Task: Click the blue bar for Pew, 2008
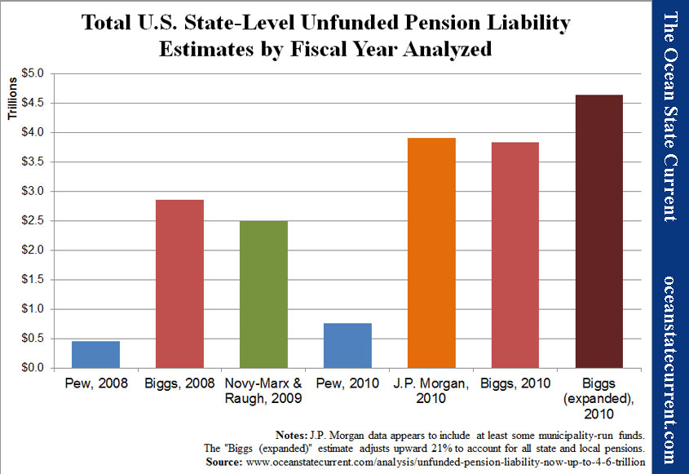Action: pos(95,354)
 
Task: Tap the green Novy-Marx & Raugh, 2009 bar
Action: pos(264,294)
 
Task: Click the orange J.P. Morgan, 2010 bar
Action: pos(431,253)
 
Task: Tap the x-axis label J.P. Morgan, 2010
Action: pos(431,390)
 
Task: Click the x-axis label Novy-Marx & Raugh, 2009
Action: pos(264,390)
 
